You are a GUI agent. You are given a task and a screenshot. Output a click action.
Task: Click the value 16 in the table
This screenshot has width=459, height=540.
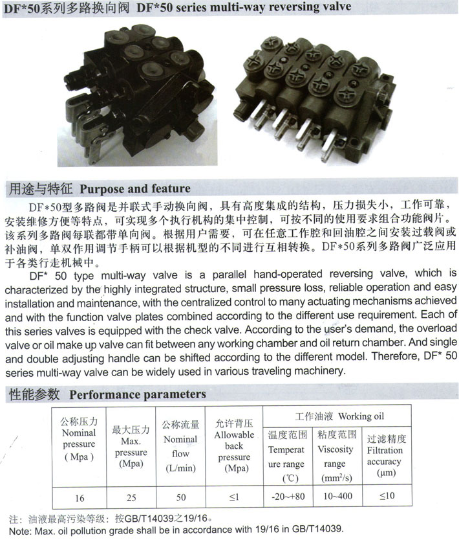click(x=80, y=498)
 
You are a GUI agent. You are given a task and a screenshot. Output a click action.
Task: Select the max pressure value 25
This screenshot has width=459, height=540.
click(x=131, y=498)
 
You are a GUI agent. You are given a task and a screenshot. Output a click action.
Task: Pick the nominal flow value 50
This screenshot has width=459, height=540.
click(x=181, y=497)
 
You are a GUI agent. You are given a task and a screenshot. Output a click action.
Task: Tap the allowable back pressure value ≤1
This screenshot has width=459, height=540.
click(x=233, y=497)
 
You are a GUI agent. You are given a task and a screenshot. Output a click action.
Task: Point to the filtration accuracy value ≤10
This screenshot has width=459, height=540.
click(x=385, y=497)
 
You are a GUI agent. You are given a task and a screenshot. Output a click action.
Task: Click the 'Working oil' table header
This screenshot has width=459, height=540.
click(x=339, y=416)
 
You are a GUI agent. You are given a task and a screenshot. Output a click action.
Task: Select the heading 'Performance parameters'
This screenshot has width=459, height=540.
click(x=138, y=394)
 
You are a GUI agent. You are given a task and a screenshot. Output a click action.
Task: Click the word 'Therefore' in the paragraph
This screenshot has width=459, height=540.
click(x=400, y=359)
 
